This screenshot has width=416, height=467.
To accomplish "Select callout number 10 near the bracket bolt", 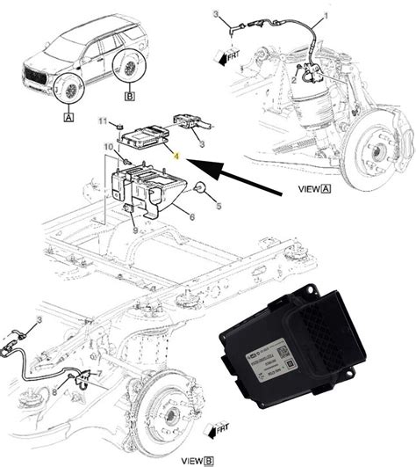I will coord(110,146).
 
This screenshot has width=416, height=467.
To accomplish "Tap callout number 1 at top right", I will coord(330,17).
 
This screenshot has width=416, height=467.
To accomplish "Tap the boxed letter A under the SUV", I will coord(68,113).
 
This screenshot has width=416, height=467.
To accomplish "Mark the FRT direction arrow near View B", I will coord(213,429).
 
